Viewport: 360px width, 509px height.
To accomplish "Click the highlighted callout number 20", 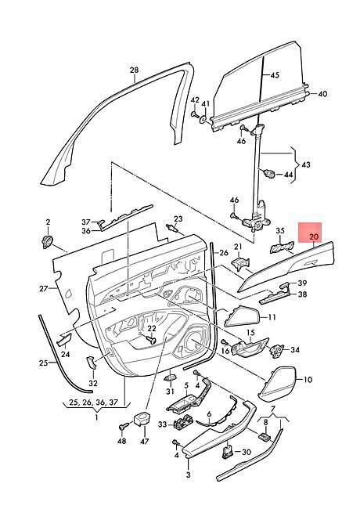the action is (314, 237).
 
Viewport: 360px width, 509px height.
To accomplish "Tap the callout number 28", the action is (134, 70).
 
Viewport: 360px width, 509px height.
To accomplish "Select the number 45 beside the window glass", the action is (275, 75).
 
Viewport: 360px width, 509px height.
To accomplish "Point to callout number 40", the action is (322, 94).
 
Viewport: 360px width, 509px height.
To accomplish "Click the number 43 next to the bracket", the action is (305, 164).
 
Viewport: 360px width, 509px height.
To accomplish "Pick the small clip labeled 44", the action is (269, 173).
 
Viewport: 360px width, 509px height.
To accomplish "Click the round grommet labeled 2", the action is (48, 242).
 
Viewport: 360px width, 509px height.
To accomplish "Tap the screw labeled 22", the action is (151, 340).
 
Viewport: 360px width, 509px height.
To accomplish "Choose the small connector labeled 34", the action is (275, 350).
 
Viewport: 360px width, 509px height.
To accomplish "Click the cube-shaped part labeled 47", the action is (142, 419).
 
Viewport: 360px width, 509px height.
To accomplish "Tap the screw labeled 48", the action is (123, 427).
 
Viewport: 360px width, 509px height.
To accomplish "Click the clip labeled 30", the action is (228, 452).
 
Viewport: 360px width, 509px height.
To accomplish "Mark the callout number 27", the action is (44, 288).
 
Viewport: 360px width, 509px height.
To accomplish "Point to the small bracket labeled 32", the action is (91, 362).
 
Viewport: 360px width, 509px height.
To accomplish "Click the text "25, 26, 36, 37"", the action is (93, 403).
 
